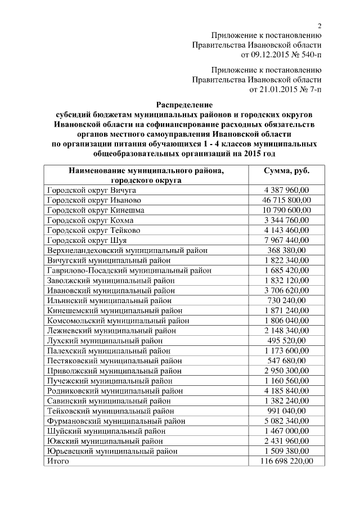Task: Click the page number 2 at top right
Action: click(319, 25)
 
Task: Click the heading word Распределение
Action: click(184, 105)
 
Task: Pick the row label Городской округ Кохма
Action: click(90, 220)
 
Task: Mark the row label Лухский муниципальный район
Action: click(105, 340)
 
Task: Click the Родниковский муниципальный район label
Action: click(115, 390)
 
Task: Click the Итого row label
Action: click(58, 461)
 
